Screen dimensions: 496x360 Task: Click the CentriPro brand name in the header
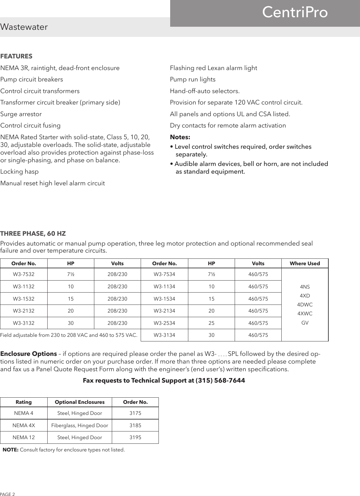click(295, 13)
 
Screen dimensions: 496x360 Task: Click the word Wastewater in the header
click(24, 27)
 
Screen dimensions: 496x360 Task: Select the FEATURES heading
click(16, 57)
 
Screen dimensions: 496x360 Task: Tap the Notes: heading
click(180, 137)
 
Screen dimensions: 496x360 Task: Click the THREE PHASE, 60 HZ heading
click(33, 234)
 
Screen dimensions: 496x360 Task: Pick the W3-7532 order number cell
click(24, 274)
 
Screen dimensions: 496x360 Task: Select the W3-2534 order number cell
click(164, 323)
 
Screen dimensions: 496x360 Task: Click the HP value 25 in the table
click(211, 323)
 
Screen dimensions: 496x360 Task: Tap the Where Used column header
click(305, 263)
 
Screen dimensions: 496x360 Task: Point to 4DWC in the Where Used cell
click(305, 305)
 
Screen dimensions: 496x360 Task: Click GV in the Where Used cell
click(305, 323)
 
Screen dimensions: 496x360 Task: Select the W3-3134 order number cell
click(164, 335)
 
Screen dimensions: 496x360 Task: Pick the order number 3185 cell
click(135, 426)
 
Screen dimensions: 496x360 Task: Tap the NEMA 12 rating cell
click(24, 437)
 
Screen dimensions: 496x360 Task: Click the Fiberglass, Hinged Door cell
click(80, 426)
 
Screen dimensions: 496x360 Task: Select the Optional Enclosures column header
click(80, 402)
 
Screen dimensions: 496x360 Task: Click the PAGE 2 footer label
click(7, 494)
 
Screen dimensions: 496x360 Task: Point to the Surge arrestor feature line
click(21, 114)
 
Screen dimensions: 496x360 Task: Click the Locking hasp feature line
click(20, 171)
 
